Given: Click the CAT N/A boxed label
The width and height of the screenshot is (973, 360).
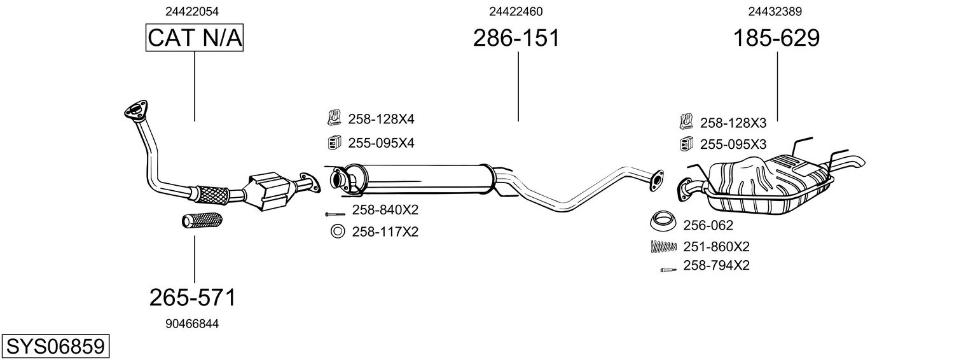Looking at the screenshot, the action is (195, 38).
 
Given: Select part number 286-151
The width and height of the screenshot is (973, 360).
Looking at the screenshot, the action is (516, 38).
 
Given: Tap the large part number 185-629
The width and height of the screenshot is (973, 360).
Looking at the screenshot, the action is (776, 38).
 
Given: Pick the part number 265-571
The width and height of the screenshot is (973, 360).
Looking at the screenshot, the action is (193, 297).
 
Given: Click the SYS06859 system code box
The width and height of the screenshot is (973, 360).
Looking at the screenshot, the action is (55, 347).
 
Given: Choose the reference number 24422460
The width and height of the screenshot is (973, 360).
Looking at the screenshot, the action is (516, 11).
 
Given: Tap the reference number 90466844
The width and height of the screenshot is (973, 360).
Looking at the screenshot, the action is (192, 324).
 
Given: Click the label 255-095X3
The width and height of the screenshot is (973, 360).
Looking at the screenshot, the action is (733, 144).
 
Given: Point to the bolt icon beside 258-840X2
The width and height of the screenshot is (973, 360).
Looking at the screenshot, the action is (335, 214).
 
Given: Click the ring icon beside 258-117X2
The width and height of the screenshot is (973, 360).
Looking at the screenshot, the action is (337, 232).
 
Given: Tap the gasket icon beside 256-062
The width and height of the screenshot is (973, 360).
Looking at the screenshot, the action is (663, 223).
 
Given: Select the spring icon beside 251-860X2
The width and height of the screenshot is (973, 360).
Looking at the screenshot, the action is (663, 247).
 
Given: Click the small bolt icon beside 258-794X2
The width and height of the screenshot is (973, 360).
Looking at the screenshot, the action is (666, 269).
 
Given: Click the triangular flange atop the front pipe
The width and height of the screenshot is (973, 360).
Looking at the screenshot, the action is (135, 110).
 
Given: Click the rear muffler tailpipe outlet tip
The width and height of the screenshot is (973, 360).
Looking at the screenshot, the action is (858, 163).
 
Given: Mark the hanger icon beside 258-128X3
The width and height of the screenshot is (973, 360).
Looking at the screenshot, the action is (686, 121).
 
